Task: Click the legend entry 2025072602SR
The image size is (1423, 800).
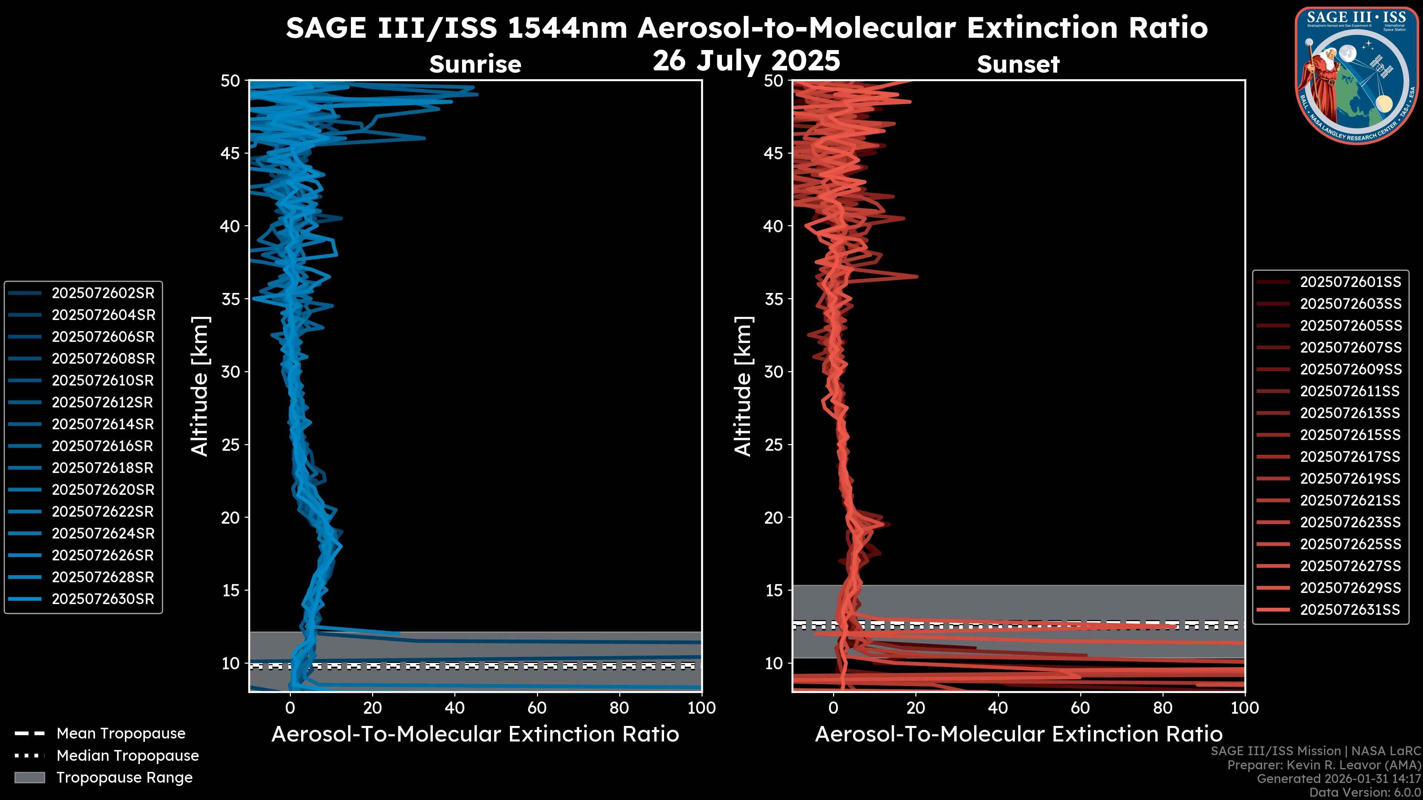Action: click(103, 293)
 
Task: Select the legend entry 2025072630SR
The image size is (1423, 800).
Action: click(103, 599)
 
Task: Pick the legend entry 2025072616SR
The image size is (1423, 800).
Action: click(103, 446)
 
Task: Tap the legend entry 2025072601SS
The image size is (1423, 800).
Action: click(1350, 282)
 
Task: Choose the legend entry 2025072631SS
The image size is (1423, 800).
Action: click(1350, 610)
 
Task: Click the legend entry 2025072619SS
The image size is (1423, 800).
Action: click(1350, 479)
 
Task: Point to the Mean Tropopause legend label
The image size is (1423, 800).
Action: click(121, 734)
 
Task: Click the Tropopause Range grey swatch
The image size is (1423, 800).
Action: click(29, 777)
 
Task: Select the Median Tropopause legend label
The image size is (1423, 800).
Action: click(127, 756)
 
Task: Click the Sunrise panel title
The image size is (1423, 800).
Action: click(475, 64)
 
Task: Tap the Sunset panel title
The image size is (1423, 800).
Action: click(1018, 64)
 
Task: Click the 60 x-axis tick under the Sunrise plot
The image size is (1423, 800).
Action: click(537, 708)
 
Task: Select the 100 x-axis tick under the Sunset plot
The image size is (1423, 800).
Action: click(1245, 708)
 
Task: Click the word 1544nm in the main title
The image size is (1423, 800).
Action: click(567, 28)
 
